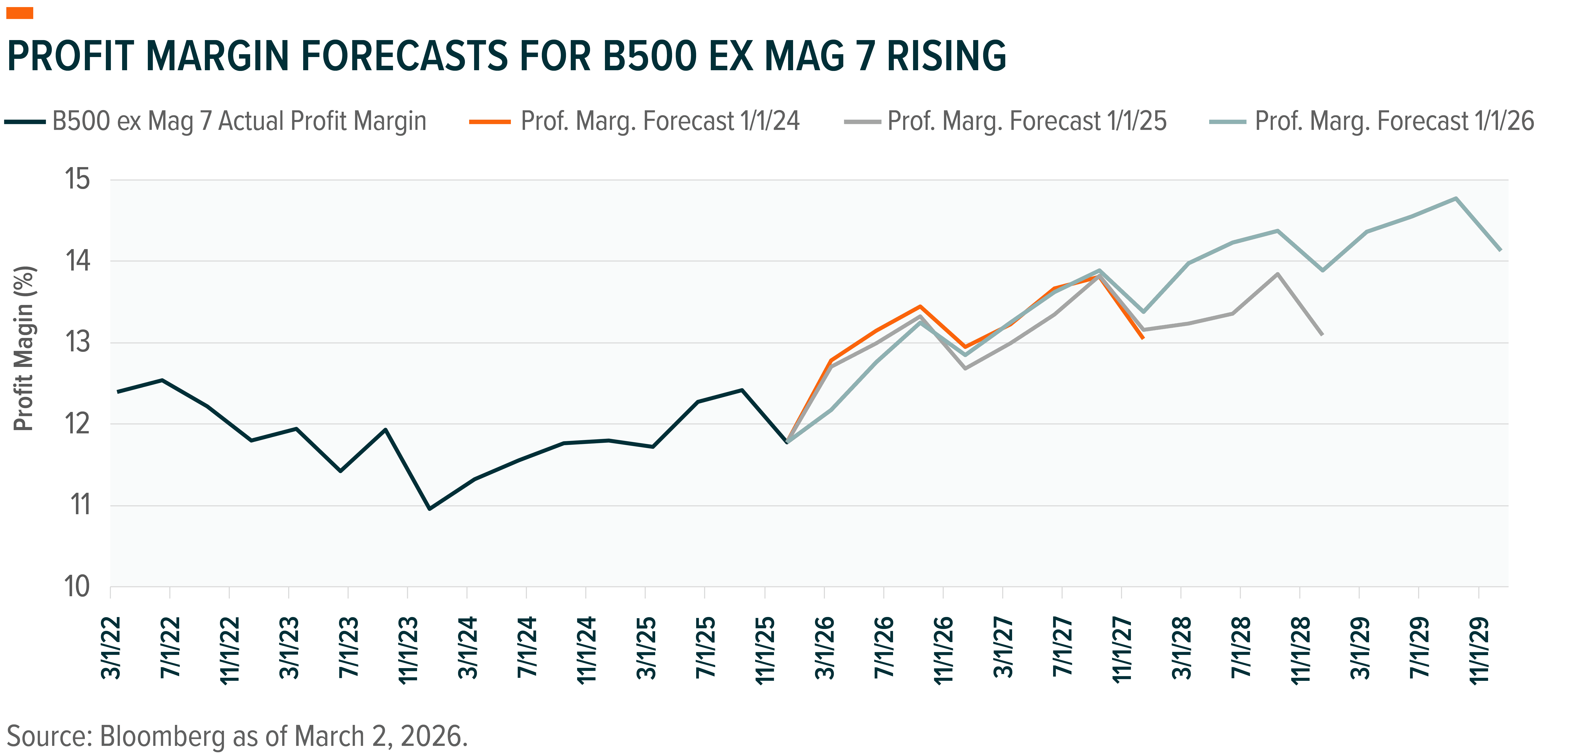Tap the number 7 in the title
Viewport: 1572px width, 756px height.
pos(863,56)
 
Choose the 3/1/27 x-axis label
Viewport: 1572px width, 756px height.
pos(1003,648)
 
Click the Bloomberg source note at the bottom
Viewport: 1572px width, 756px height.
pos(237,736)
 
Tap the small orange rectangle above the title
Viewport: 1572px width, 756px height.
pos(20,13)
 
